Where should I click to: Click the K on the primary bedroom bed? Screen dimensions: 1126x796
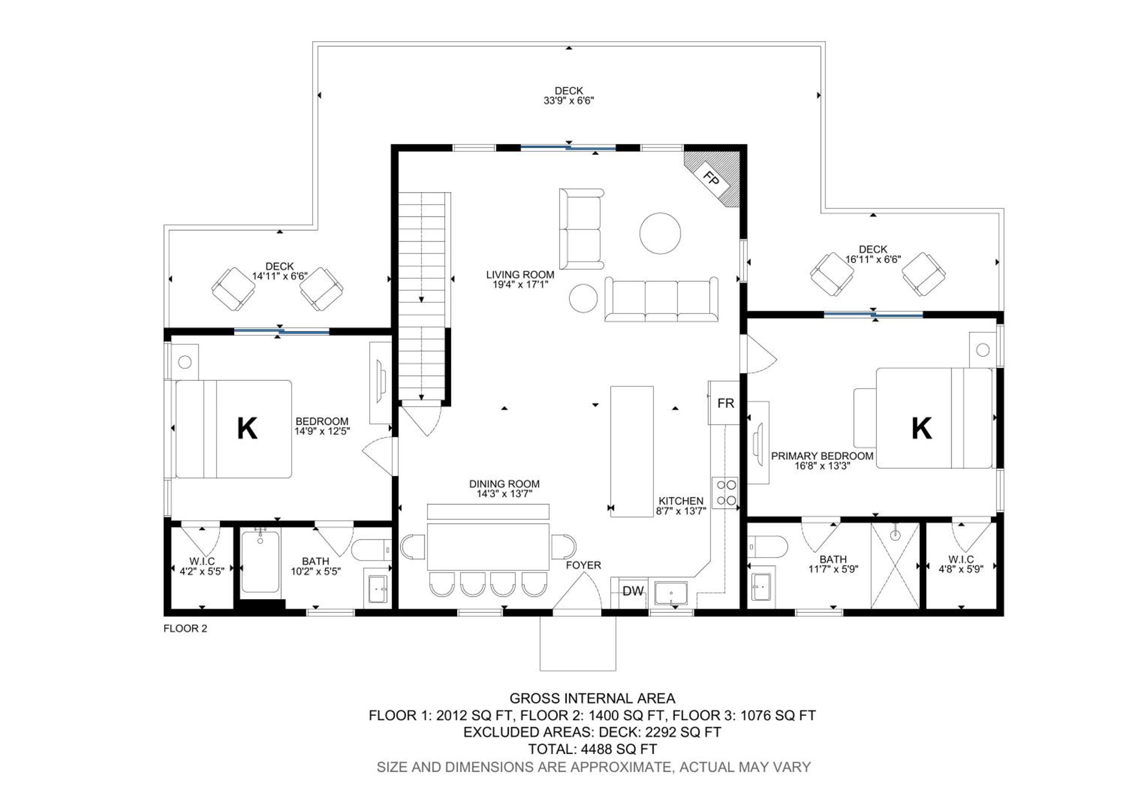921,428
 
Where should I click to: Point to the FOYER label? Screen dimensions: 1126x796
583,565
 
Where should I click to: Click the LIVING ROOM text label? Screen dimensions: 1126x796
520,274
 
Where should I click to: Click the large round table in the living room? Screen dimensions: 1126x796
660,234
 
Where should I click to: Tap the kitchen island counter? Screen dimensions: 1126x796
632,452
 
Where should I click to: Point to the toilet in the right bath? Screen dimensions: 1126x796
767,546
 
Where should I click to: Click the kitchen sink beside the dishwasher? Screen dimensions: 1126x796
671,594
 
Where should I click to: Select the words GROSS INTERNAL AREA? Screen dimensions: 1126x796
592,698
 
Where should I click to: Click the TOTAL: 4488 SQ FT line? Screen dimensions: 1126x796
592,749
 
